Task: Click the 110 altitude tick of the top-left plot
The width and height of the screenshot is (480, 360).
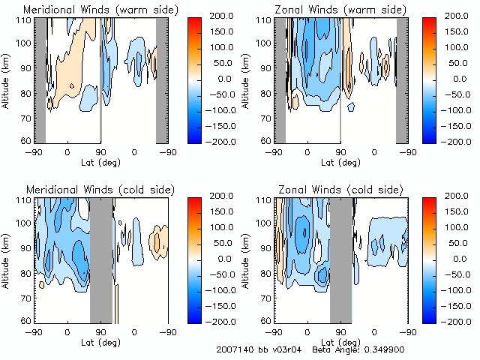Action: coord(25,19)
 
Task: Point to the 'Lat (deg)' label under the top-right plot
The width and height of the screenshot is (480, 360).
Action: coord(341,161)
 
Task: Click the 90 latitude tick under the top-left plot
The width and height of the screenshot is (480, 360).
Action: coord(100,151)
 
